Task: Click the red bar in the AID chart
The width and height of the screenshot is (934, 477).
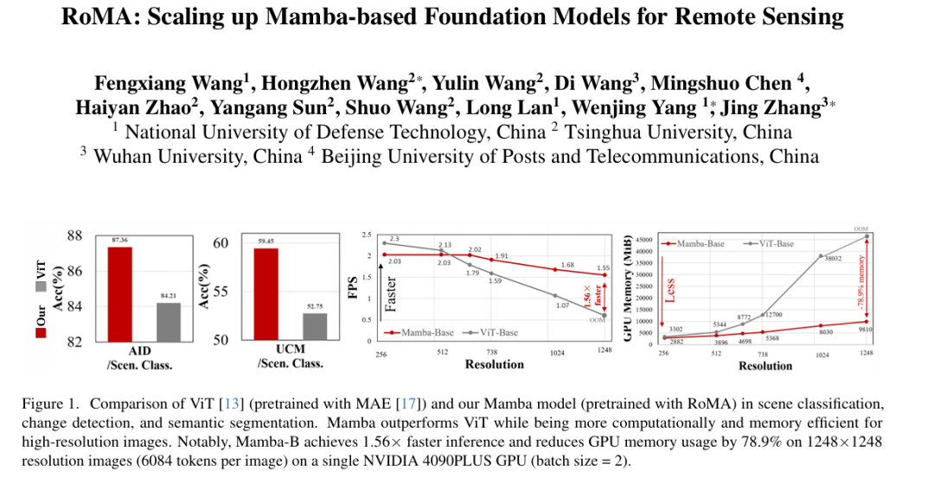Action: coord(119,294)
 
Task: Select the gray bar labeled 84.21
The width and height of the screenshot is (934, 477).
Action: coord(168,322)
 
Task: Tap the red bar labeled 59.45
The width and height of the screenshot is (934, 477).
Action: coord(265,294)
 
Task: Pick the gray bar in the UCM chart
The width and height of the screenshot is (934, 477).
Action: coord(314,326)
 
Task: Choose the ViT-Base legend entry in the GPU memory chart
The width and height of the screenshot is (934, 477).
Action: coord(770,244)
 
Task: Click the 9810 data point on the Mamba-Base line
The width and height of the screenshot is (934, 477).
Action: coord(867,322)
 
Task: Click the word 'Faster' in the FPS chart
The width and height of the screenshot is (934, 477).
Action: coord(390,293)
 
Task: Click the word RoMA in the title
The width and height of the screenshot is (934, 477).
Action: coord(94,16)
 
